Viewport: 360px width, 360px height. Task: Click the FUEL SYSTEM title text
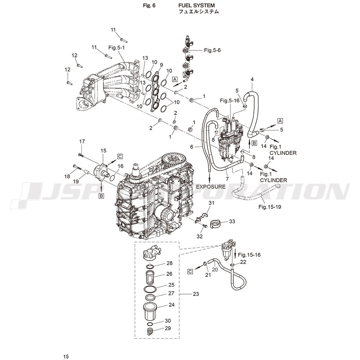pos(197,5)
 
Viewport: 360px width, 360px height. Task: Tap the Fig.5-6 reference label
pos(212,50)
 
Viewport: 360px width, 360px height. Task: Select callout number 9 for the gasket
pos(161,65)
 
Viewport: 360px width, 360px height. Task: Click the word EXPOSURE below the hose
pos(211,186)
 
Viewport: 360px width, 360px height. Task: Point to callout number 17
pos(82,141)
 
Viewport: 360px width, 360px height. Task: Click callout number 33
pos(232,221)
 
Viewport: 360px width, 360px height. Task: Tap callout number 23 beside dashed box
pos(196,294)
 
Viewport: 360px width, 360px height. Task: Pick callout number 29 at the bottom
pos(168,328)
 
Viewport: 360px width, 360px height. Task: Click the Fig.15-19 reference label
pos(270,207)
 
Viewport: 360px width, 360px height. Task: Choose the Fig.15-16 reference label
pos(249,255)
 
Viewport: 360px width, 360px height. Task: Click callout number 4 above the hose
pos(252,80)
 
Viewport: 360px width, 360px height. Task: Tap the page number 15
pos(66,356)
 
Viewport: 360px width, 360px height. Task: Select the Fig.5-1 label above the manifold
pos(117,48)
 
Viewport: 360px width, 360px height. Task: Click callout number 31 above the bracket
pos(211,203)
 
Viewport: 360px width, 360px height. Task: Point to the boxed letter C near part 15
pos(120,157)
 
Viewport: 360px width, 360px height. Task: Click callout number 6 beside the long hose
pos(192,147)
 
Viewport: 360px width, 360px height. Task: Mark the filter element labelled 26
pos(150,277)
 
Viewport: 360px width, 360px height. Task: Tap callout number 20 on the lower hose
pos(215,269)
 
